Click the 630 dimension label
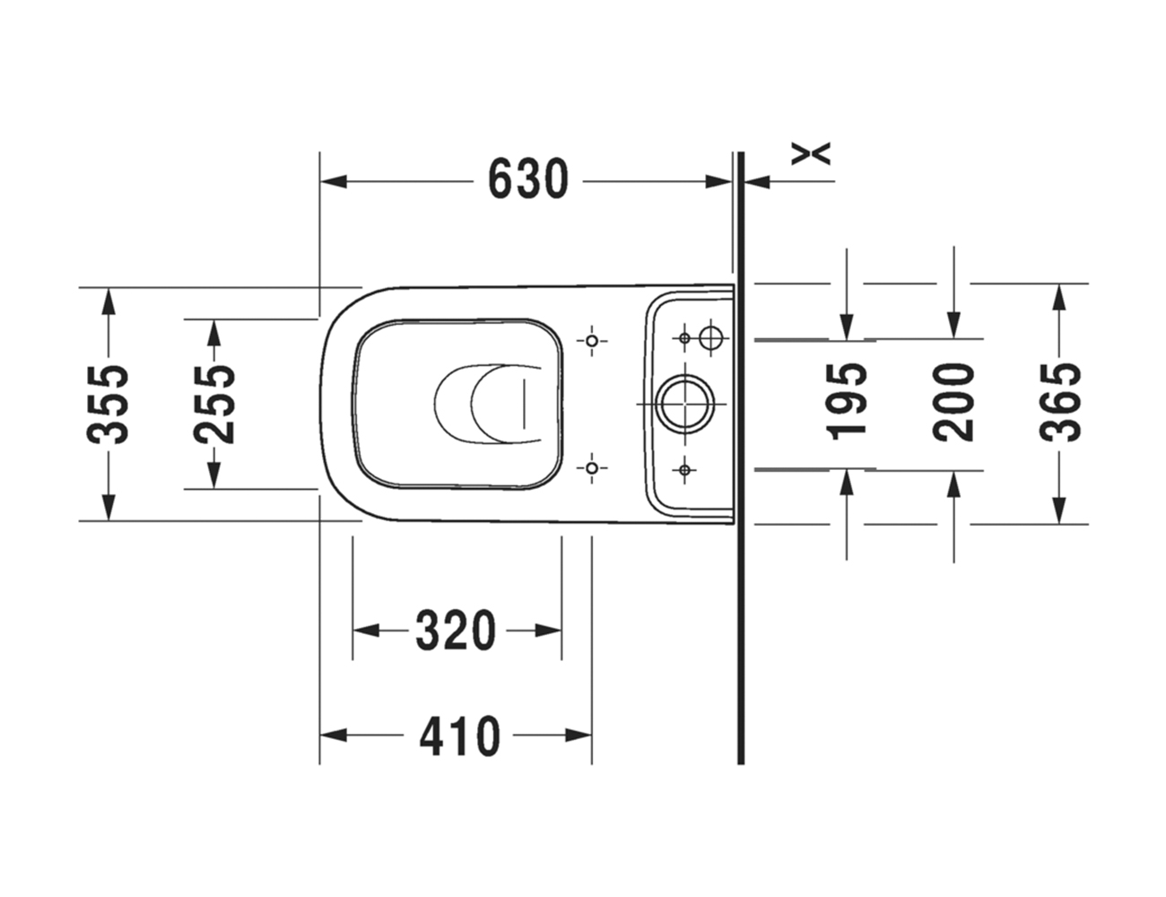(x=528, y=179)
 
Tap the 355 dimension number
(x=109, y=405)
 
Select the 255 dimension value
(x=214, y=405)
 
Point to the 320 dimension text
(x=457, y=631)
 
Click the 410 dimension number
(x=460, y=736)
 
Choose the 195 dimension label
(x=846, y=402)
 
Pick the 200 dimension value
(x=953, y=403)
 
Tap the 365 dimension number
(x=1060, y=403)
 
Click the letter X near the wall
(x=811, y=153)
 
